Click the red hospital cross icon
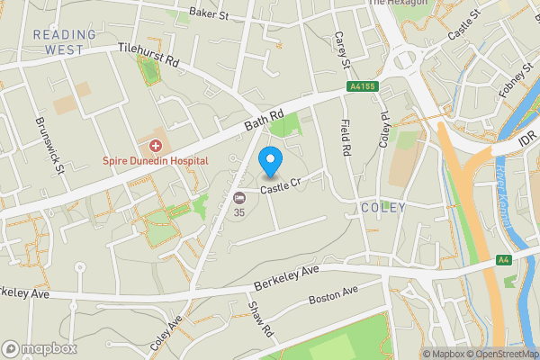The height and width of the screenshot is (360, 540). pyautogui.click(x=156, y=145)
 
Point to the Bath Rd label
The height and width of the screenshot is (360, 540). pyautogui.click(x=263, y=120)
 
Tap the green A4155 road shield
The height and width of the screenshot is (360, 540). pyautogui.click(x=360, y=87)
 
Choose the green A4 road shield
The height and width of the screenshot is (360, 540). pyautogui.click(x=505, y=260)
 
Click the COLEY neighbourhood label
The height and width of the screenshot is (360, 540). pyautogui.click(x=383, y=208)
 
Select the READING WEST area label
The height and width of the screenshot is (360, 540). pyautogui.click(x=64, y=41)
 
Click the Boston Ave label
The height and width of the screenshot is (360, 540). pyautogui.click(x=333, y=294)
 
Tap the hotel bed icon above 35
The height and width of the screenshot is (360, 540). pyautogui.click(x=238, y=198)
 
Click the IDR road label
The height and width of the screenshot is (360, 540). pyautogui.click(x=528, y=141)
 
